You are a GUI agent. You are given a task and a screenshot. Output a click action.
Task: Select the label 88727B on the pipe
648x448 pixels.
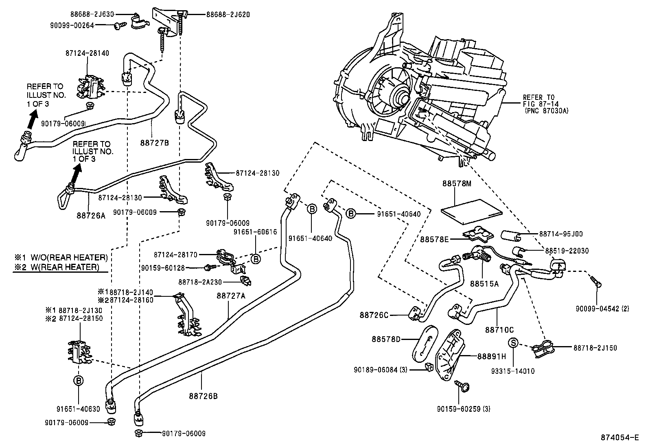click(x=154, y=143)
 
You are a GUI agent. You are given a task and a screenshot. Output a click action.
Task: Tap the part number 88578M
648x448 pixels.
click(x=457, y=184)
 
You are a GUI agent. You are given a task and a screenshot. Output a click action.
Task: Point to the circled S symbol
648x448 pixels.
click(x=514, y=343)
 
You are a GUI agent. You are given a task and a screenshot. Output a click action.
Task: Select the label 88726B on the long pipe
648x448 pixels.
click(x=203, y=396)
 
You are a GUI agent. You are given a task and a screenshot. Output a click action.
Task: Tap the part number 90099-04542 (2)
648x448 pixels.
click(x=602, y=309)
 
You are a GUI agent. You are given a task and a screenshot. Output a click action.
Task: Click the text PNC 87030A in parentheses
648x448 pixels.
click(x=540, y=110)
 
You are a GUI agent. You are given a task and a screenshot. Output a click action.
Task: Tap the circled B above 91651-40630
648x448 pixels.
click(x=79, y=381)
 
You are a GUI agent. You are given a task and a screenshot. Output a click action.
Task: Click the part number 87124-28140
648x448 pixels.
click(x=87, y=53)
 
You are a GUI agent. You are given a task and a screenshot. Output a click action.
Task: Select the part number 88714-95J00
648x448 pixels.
click(x=561, y=234)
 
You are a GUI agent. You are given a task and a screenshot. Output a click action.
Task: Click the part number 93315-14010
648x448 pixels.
click(x=513, y=371)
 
